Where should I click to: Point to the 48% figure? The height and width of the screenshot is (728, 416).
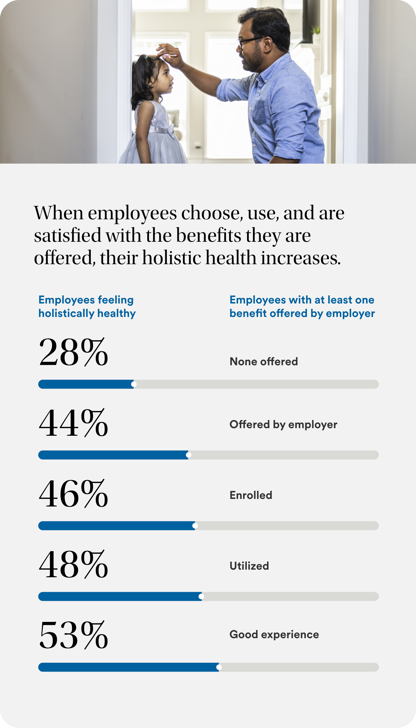(x=73, y=564)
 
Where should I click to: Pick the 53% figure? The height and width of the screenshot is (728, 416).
(x=73, y=635)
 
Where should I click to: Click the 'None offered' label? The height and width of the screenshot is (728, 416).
(x=264, y=362)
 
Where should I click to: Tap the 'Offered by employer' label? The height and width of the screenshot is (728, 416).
(x=283, y=425)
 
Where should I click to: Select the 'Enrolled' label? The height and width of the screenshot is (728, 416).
(x=251, y=495)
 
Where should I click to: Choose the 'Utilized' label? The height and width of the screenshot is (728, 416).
(x=249, y=566)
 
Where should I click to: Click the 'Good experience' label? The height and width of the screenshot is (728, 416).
(x=274, y=635)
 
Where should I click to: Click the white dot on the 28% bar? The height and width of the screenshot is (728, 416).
(x=134, y=384)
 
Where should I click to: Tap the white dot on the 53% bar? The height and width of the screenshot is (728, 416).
(x=219, y=667)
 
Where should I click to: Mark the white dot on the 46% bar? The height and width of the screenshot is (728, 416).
(x=195, y=526)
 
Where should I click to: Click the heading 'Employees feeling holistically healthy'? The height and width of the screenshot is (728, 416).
(x=87, y=307)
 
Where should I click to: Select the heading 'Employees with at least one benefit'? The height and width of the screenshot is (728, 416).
(x=302, y=307)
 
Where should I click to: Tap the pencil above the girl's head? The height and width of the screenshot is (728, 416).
(x=156, y=56)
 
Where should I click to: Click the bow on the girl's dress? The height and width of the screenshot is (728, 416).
(x=171, y=131)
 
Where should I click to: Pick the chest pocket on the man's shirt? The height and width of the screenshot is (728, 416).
(x=259, y=112)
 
